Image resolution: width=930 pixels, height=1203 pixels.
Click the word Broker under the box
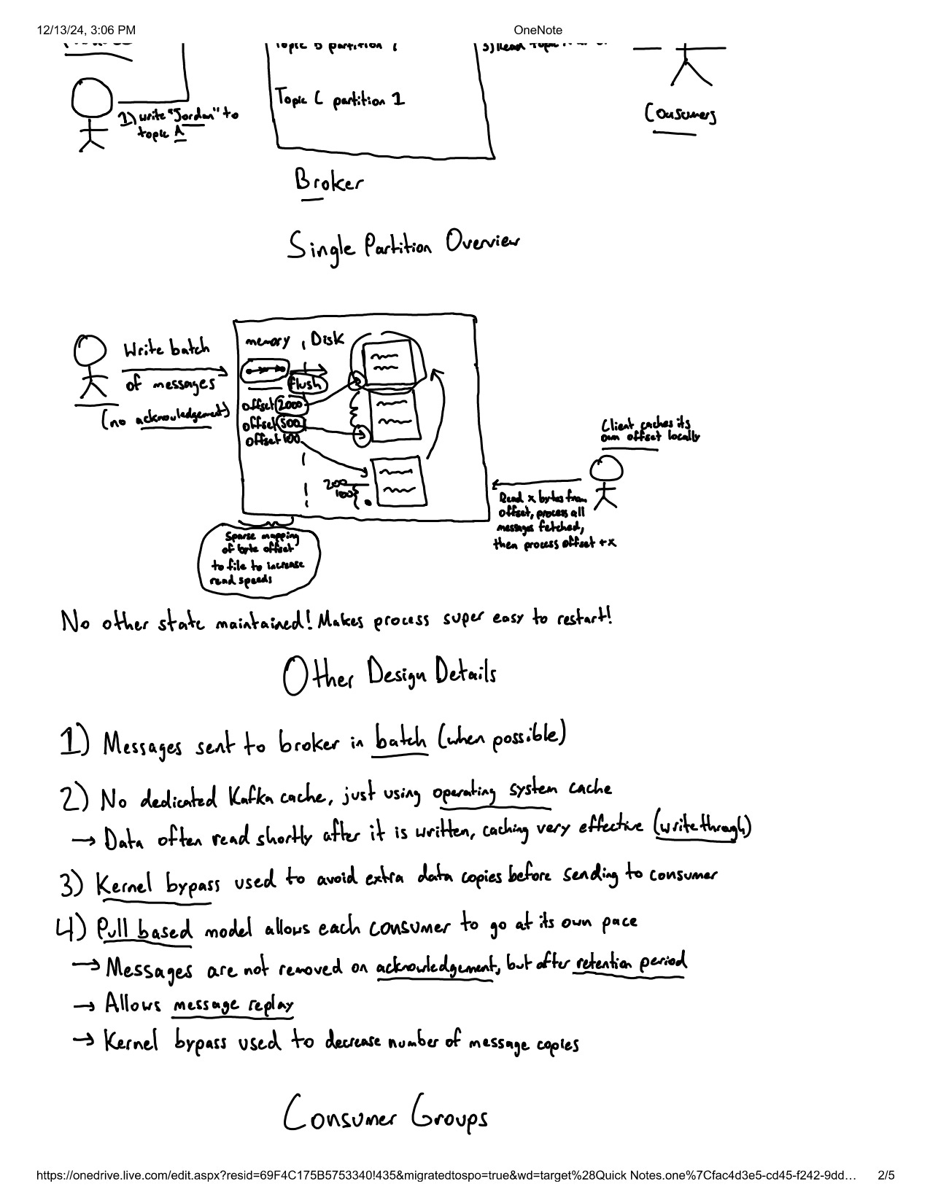tap(328, 181)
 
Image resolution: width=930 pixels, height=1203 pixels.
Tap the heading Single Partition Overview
tap(403, 246)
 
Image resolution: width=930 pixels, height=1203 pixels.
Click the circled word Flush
tap(307, 384)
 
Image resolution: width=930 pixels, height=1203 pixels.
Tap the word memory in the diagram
tap(268, 340)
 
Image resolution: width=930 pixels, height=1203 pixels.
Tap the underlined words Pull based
tap(145, 929)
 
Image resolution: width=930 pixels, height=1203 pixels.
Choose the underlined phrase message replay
tap(233, 1005)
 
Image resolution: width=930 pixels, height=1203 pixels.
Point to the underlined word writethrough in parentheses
tap(702, 828)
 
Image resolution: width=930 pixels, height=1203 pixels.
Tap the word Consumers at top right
tap(681, 114)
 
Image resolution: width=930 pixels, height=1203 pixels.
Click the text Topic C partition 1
tap(340, 100)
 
